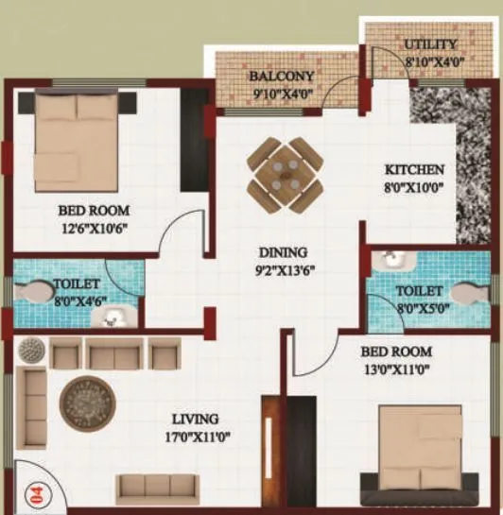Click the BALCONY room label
pyautogui.click(x=275, y=76)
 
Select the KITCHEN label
pyautogui.click(x=413, y=170)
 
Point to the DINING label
pyautogui.click(x=284, y=252)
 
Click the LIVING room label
pyautogui.click(x=195, y=419)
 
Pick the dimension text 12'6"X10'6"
pyautogui.click(x=94, y=227)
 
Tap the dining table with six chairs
pyautogui.click(x=285, y=175)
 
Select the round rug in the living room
pyautogui.click(x=87, y=404)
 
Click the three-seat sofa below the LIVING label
pyautogui.click(x=157, y=487)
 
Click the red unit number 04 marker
pyautogui.click(x=36, y=490)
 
